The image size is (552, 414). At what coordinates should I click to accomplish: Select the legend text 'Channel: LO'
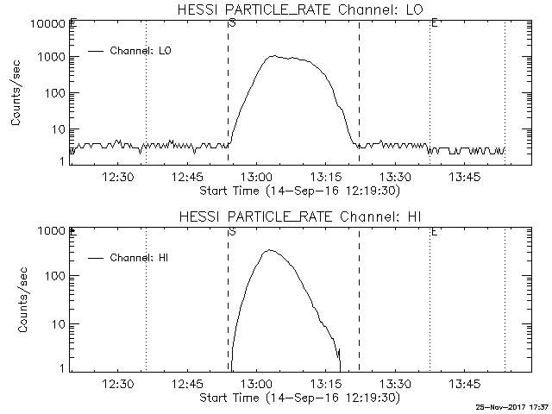coord(141,51)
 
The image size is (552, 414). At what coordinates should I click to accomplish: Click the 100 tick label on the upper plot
coord(53,93)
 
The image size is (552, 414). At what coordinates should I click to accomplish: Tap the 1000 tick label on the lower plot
coord(49,231)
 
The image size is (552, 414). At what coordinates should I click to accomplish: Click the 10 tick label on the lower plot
coord(56,323)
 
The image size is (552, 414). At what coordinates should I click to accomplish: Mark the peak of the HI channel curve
coord(269,250)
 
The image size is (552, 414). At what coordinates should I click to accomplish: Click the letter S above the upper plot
coord(232,22)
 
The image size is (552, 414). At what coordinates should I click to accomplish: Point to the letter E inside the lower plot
coord(433,231)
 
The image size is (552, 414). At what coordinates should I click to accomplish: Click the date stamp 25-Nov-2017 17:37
coord(512,406)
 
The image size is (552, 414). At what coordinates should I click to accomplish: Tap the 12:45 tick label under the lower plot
coord(187,384)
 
